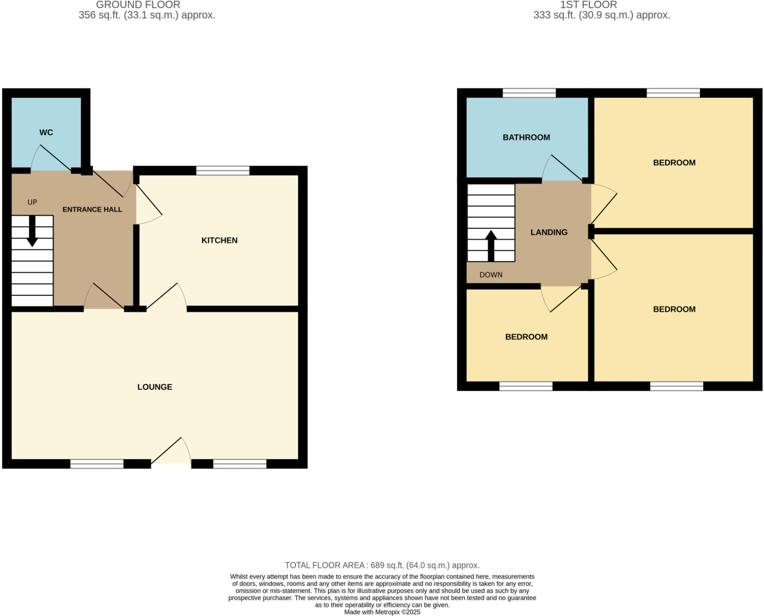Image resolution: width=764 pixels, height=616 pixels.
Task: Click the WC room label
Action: [x=46, y=132]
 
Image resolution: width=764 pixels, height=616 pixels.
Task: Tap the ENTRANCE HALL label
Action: [x=92, y=209]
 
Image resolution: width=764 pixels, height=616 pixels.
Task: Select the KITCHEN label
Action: [x=219, y=240]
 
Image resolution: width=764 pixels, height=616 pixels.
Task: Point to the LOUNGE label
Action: [x=155, y=387]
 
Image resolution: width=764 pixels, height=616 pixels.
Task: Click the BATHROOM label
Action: [x=526, y=137]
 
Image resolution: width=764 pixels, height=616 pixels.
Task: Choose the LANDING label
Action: [x=549, y=232]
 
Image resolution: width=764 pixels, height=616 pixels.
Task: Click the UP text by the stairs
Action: [x=32, y=202]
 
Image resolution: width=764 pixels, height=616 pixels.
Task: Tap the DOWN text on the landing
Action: [x=491, y=275]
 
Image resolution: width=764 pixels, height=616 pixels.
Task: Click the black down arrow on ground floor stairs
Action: [x=32, y=231]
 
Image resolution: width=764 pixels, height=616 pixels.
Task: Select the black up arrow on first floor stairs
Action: [x=491, y=246]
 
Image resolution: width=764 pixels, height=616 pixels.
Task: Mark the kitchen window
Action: [x=223, y=170]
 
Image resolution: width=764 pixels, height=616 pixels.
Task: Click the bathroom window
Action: [x=529, y=93]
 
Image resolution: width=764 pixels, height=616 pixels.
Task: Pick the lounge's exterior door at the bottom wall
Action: [x=171, y=451]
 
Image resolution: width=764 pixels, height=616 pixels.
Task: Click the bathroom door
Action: [x=562, y=168]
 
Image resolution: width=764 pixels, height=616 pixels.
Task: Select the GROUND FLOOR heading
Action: [x=138, y=5]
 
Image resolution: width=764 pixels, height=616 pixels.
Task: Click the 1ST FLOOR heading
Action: [x=589, y=5]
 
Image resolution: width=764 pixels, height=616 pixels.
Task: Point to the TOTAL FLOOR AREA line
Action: [x=382, y=565]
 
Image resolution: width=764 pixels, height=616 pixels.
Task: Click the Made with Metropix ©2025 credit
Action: [x=382, y=612]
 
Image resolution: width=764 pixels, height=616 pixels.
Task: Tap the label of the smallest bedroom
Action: [x=526, y=337]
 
